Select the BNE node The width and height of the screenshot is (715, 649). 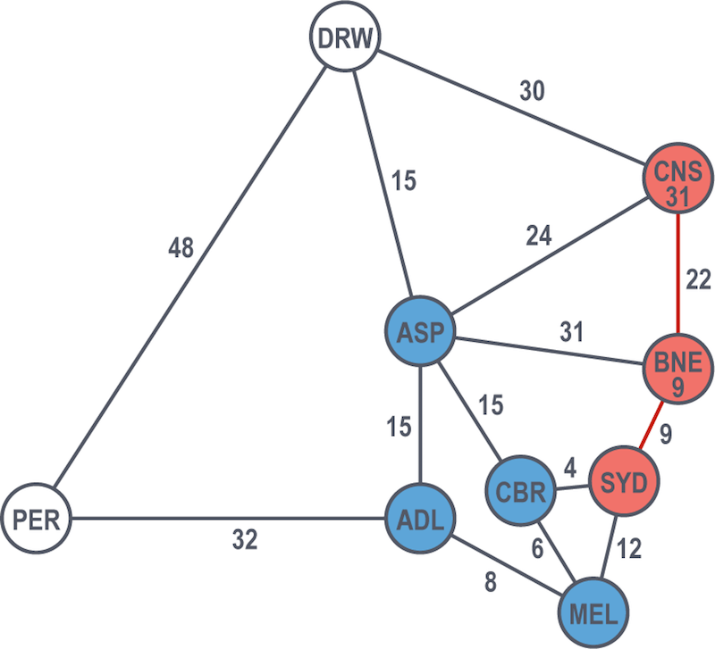678,370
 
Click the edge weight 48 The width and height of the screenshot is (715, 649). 182,248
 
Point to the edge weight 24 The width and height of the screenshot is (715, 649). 540,237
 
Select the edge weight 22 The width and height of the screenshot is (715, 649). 697,280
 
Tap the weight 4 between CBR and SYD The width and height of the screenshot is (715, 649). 569,468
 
